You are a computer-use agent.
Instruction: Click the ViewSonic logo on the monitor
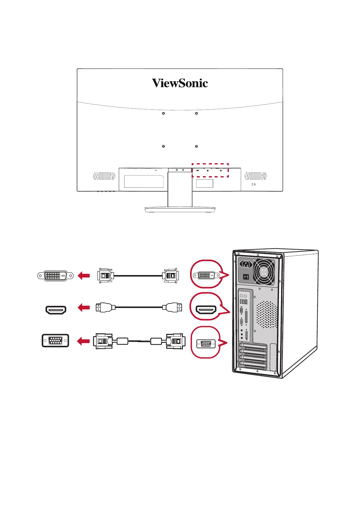click(180, 83)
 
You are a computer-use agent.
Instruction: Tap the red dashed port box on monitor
click(210, 170)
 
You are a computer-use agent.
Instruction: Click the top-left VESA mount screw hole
click(164, 113)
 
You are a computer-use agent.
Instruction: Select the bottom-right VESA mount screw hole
click(196, 146)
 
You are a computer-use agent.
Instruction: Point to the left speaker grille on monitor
click(104, 176)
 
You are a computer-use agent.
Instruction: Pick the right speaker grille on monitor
click(255, 176)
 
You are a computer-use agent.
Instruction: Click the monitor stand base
click(180, 209)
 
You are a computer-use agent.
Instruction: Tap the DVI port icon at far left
click(55, 276)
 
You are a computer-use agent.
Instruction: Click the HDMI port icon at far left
click(56, 310)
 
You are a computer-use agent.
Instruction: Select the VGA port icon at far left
click(55, 341)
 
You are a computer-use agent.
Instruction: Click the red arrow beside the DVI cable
click(84, 276)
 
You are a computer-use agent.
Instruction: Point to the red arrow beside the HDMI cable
click(84, 308)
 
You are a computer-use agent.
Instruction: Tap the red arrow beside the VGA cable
click(84, 341)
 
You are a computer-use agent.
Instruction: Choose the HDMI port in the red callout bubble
click(206, 310)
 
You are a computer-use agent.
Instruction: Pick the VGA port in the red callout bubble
click(206, 344)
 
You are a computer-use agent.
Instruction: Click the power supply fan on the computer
click(264, 272)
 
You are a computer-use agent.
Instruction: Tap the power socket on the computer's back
click(246, 264)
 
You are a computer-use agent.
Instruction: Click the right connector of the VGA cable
click(175, 341)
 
